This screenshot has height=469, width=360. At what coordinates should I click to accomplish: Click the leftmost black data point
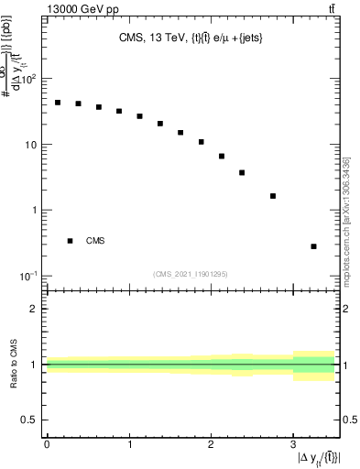coord(58,103)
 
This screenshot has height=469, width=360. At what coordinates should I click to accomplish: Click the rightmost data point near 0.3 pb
coord(313,246)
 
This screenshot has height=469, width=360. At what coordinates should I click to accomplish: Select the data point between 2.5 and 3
coord(273,196)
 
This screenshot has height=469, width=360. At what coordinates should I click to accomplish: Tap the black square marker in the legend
coord(70,241)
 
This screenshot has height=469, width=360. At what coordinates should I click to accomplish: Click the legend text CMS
coord(95,241)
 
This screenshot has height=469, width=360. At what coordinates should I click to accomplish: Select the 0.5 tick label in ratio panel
coord(29,420)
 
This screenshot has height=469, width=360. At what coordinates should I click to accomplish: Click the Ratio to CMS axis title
coord(14,364)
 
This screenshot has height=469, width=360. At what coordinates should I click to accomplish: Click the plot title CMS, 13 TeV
coord(191,38)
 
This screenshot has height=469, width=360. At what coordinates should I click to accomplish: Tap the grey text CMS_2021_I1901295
coord(191,273)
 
